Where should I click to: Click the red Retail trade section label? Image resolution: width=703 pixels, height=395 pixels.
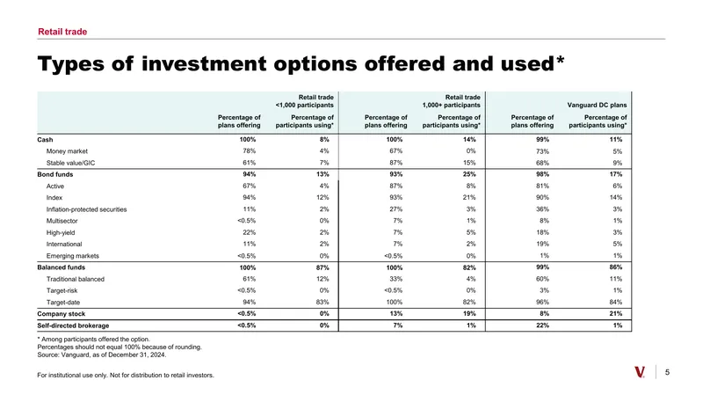62,32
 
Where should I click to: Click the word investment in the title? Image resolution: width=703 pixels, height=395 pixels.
204,63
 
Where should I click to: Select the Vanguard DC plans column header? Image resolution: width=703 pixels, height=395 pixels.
597,105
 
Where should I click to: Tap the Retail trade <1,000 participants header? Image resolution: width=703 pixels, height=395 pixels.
304,101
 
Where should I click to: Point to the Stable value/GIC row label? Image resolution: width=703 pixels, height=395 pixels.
70,163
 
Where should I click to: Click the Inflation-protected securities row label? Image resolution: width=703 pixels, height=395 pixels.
86,209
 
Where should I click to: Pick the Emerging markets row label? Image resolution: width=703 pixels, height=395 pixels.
73,256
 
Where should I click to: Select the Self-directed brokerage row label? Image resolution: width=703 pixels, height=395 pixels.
73,326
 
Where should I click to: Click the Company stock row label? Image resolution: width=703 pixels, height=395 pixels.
61,314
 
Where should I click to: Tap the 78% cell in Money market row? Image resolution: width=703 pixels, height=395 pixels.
250,151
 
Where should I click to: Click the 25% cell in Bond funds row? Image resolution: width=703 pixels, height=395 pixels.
469,174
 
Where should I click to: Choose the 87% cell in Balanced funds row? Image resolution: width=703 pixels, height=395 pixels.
323,267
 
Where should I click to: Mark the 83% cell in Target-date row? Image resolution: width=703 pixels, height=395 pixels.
323,302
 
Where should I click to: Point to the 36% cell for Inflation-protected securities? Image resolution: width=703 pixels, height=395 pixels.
542,209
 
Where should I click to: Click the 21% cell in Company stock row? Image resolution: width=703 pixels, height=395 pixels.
616,314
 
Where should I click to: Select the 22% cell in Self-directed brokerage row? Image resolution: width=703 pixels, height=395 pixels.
542,326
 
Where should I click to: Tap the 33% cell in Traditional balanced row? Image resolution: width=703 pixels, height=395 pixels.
396,279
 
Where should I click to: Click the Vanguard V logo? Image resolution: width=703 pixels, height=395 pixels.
640,372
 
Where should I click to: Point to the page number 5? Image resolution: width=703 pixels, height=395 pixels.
667,372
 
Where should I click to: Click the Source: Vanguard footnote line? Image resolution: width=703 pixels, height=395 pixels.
102,355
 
